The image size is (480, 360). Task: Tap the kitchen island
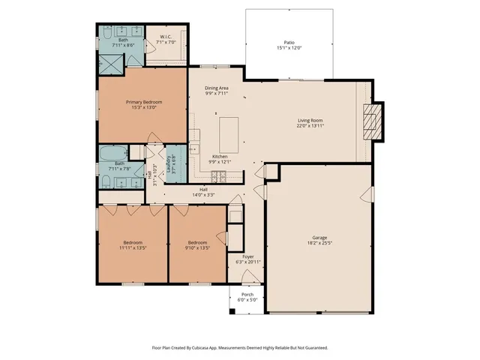pyautogui.click(x=228, y=133)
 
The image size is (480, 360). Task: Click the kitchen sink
pyautogui.click(x=193, y=136)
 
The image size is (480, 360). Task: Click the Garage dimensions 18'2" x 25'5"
pyautogui.click(x=319, y=242)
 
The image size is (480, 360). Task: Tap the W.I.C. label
pyautogui.click(x=166, y=37)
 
